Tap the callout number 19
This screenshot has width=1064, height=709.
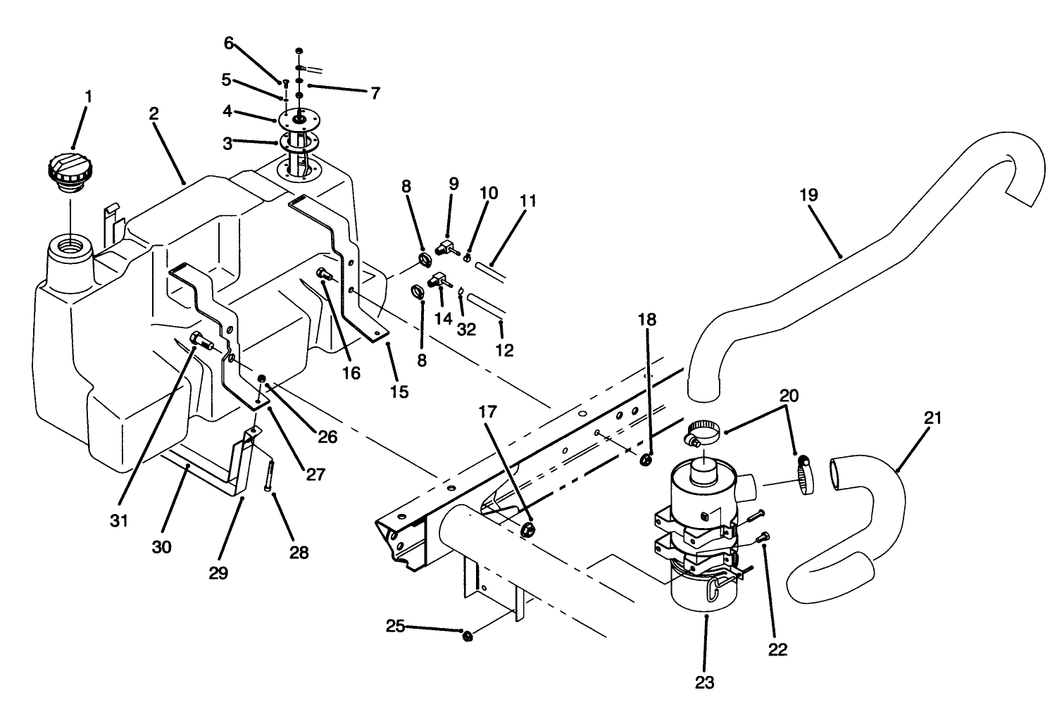(x=808, y=195)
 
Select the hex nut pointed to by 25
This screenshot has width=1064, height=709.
(x=466, y=636)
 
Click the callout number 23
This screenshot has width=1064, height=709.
(x=704, y=682)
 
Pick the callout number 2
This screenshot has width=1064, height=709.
(x=154, y=113)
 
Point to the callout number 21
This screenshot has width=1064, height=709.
(x=932, y=418)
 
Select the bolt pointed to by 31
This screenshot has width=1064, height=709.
(x=201, y=340)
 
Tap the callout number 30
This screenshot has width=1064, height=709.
(x=162, y=546)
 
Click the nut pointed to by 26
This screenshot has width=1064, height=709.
(x=262, y=380)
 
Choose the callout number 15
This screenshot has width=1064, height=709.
(x=399, y=391)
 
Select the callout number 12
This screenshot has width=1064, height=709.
(x=505, y=349)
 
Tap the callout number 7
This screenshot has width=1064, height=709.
(x=375, y=92)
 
